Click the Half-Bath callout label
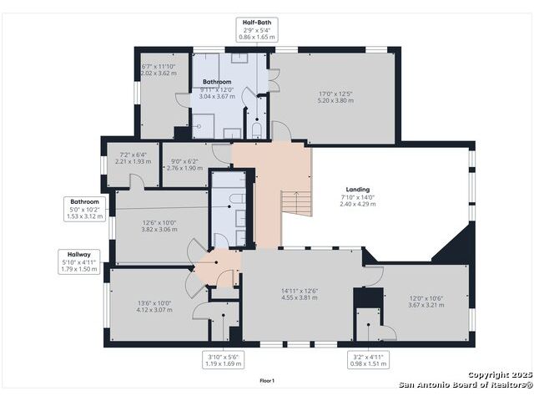pyautogui.click(x=257, y=30)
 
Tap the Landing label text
pyautogui.click(x=358, y=190)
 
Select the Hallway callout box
pyautogui.click(x=79, y=261)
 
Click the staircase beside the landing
pyautogui.click(x=296, y=203)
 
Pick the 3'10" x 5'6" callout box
pyautogui.click(x=223, y=360)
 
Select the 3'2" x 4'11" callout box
pyautogui.click(x=368, y=360)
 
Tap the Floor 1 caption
pyautogui.click(x=267, y=381)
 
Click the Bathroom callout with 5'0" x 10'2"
pyautogui.click(x=84, y=209)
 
